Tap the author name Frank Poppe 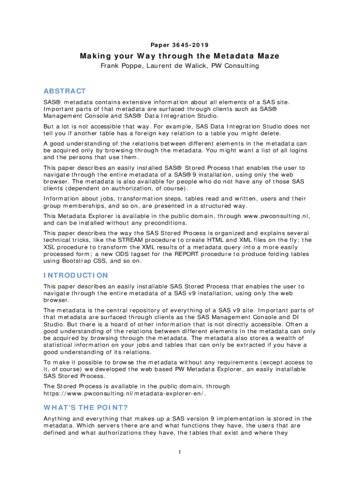click(120, 66)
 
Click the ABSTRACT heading click(65, 91)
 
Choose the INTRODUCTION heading click(76, 275)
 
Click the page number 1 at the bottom click(180, 452)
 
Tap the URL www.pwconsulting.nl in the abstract click(275, 216)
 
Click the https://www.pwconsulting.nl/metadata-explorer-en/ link click(125, 393)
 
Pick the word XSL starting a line click(50, 247)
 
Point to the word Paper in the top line click(159, 45)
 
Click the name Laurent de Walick click(176, 66)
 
